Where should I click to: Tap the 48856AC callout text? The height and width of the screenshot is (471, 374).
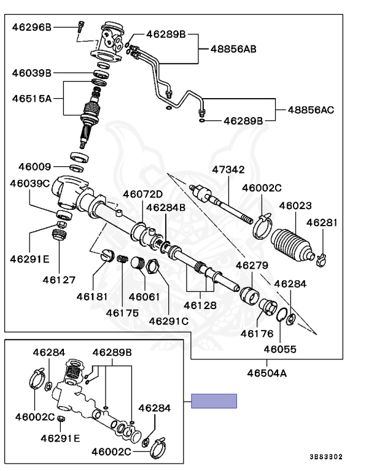pyautogui.click(x=311, y=110)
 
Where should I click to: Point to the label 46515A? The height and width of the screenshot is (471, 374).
pyautogui.click(x=32, y=98)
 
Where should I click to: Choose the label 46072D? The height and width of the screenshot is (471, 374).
pyautogui.click(x=142, y=194)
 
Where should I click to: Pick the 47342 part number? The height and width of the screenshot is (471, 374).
pyautogui.click(x=228, y=169)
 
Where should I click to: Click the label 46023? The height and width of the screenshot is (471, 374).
pyautogui.click(x=295, y=207)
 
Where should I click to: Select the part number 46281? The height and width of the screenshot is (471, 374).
pyautogui.click(x=322, y=223)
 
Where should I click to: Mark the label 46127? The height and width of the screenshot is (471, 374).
pyautogui.click(x=59, y=280)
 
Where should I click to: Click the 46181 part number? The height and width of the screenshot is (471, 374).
pyautogui.click(x=92, y=297)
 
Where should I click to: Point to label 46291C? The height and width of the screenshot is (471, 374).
pyautogui.click(x=168, y=320)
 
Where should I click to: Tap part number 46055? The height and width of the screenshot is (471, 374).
pyautogui.click(x=280, y=350)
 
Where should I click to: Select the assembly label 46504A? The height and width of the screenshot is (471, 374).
pyautogui.click(x=267, y=372)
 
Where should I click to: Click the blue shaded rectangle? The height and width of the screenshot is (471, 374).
pyautogui.click(x=213, y=401)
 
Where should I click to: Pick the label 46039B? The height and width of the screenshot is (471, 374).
pyautogui.click(x=32, y=73)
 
